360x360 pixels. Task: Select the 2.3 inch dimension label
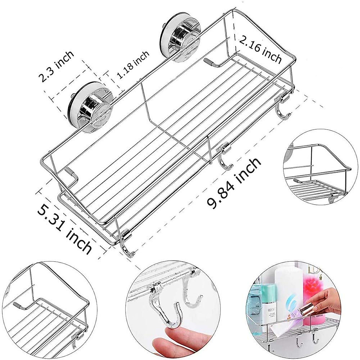point(56,67)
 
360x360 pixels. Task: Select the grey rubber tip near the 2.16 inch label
point(209,61)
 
